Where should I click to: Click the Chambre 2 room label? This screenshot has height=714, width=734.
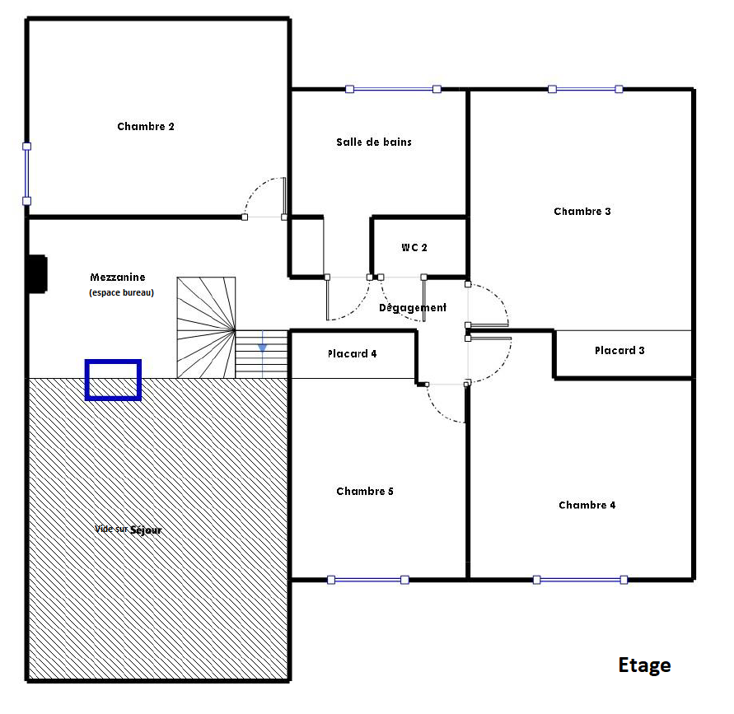146,126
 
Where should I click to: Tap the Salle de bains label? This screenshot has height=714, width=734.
374,142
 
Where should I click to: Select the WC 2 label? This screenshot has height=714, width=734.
414,248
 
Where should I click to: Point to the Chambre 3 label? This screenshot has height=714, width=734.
582,211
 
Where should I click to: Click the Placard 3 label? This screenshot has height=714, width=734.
619,351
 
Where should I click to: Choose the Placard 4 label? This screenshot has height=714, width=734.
352,354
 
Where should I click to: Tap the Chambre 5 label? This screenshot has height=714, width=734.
365,492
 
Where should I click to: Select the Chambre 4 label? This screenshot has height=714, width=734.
587,505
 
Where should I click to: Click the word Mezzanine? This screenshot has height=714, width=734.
118,277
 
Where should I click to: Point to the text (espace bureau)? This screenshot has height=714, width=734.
121,292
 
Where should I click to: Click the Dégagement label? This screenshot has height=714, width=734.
413,307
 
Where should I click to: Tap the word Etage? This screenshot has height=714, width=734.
644,665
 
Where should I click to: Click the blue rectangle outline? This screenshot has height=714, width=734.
114,362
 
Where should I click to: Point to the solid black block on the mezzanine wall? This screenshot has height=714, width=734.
38,274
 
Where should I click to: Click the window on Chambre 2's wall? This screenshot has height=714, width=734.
26,174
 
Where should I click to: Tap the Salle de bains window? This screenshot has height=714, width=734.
393,89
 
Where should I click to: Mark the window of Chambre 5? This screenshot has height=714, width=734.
368,580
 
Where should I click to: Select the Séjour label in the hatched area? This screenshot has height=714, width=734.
146,530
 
